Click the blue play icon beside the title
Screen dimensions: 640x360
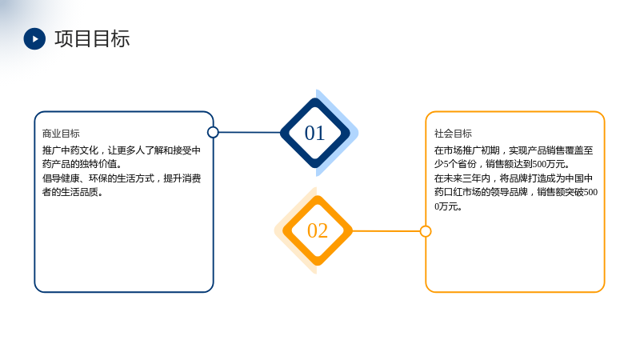[34, 38]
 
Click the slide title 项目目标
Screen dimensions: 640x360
[92, 38]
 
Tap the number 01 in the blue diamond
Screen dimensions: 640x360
[314, 133]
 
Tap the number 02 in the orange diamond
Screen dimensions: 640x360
[318, 230]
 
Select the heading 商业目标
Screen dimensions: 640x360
[61, 134]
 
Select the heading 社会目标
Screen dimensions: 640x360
[453, 134]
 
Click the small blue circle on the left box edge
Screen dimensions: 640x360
[213, 132]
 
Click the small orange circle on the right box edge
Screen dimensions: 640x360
[426, 231]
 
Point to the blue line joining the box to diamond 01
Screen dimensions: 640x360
[250, 132]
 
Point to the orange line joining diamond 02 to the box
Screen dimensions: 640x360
[386, 231]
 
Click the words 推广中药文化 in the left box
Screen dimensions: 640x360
[70, 150]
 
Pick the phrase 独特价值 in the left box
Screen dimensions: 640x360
[98, 164]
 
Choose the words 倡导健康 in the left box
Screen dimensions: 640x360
[61, 178]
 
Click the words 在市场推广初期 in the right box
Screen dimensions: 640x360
[467, 150]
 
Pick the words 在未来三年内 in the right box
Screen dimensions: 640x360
[462, 178]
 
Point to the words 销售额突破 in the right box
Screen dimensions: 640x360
[560, 192]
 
